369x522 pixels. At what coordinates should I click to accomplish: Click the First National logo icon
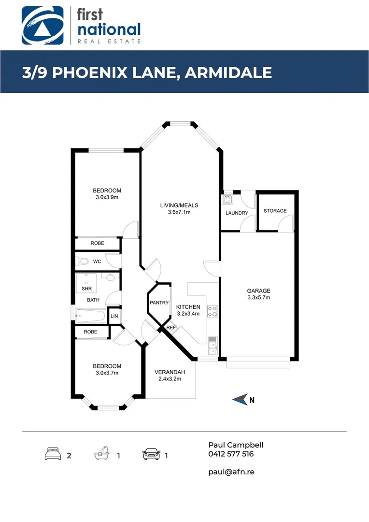point(43,25)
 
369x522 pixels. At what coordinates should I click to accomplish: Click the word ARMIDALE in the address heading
point(229,72)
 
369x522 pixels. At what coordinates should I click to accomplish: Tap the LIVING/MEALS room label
point(179,205)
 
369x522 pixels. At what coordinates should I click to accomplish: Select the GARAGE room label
point(258,291)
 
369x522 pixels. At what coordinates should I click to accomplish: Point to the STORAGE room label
point(275,211)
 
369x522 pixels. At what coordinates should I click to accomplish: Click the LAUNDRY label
point(237,213)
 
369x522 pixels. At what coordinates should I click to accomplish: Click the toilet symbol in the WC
point(84,261)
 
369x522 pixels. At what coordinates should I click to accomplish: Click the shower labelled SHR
point(87,284)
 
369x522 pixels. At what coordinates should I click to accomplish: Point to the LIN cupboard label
point(114,316)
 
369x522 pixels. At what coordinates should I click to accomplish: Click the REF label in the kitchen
point(170,328)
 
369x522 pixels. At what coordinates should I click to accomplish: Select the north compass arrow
point(241,399)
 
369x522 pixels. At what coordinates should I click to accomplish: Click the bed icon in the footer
point(53,454)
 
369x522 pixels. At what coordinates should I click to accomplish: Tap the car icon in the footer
point(151,454)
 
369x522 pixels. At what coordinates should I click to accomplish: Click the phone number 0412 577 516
point(231,454)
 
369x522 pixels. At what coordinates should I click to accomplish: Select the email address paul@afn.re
point(231,471)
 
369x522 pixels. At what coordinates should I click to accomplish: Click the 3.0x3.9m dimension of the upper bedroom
point(107,197)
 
